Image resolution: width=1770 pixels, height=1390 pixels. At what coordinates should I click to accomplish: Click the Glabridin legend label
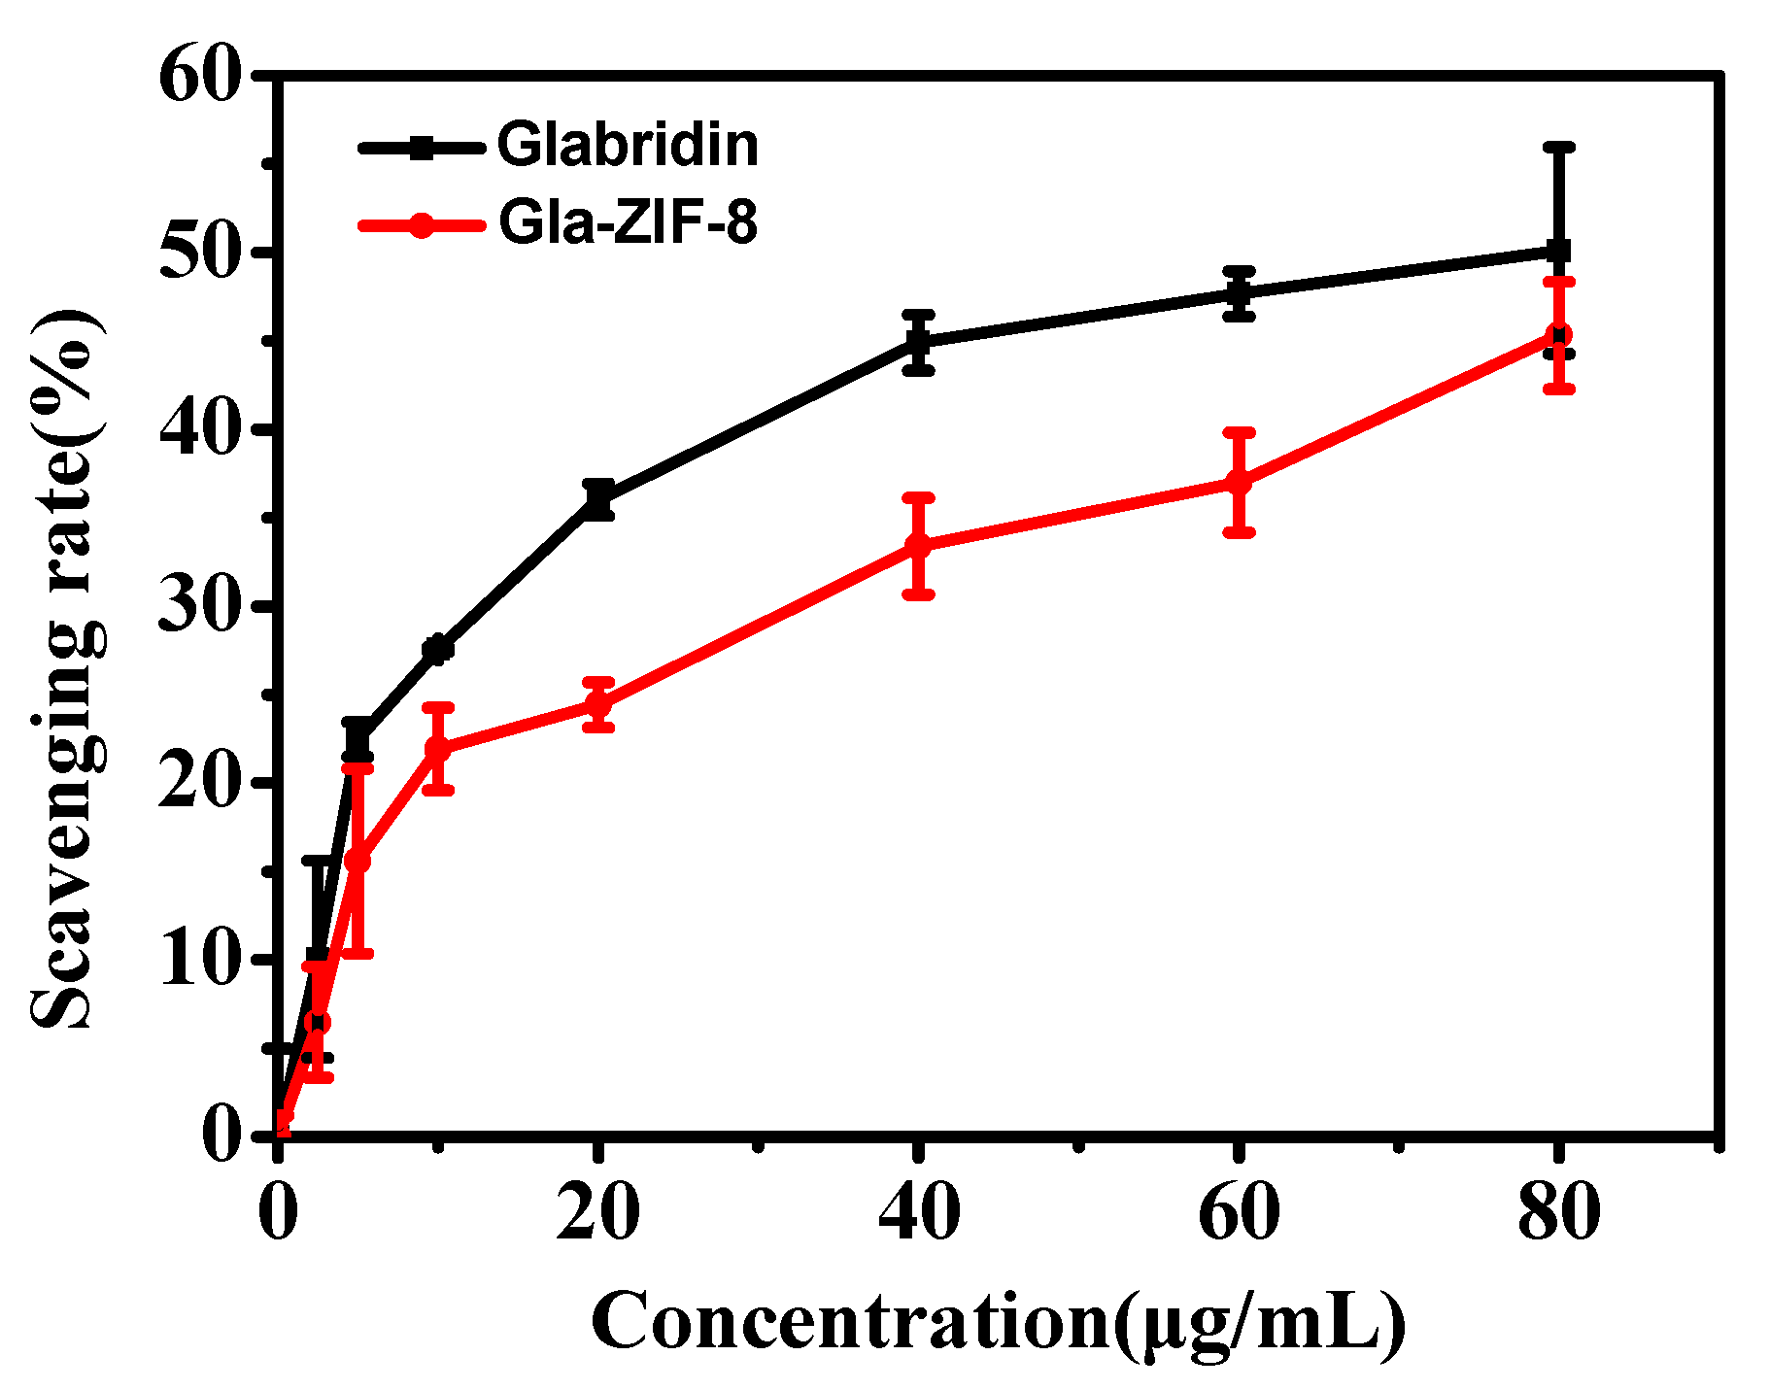(627, 145)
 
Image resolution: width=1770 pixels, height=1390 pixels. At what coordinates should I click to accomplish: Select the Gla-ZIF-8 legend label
(627, 222)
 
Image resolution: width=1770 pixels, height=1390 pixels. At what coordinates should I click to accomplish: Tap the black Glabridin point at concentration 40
(918, 342)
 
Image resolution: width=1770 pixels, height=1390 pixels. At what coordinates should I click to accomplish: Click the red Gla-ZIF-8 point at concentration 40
(918, 546)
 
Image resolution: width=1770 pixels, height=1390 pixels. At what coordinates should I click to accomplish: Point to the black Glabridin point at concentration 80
(1558, 252)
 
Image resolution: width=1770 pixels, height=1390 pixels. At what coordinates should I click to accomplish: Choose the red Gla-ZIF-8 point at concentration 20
(599, 704)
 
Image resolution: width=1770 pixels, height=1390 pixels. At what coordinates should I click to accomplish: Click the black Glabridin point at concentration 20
(599, 500)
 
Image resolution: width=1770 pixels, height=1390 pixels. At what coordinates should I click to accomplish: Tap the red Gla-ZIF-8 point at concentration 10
(438, 749)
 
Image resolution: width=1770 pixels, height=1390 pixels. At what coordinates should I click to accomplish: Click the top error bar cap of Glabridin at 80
(1558, 148)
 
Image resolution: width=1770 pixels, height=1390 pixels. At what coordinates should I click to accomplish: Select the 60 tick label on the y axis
(199, 76)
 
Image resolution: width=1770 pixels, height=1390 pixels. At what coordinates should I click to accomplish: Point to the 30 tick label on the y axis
(199, 605)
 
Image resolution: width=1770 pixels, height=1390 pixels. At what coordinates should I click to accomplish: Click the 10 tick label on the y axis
(199, 959)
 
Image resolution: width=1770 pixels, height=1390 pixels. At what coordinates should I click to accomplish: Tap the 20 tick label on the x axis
(597, 1212)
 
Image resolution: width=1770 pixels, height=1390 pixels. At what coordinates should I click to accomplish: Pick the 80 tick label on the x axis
(1558, 1212)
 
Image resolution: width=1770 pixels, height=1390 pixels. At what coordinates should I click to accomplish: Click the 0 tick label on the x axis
(279, 1212)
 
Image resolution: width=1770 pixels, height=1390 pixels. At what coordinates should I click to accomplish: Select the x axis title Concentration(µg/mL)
(998, 1322)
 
